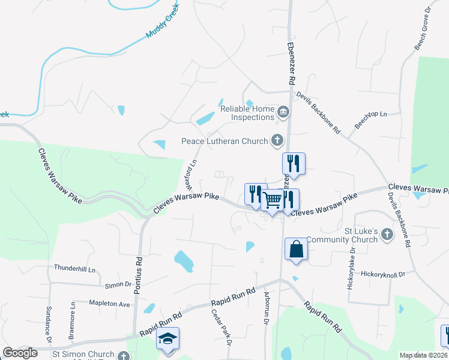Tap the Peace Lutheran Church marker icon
tap(277, 141)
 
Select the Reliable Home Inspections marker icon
tap(283, 112)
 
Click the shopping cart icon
tap(273, 200)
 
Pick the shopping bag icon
tap(297, 249)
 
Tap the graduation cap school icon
tap(168, 339)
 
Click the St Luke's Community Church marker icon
tap(387, 234)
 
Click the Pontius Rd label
tap(139, 270)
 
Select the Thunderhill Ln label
tap(74, 268)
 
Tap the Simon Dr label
tap(118, 284)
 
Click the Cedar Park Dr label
tap(221, 327)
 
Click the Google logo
tap(20, 353)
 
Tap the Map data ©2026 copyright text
tap(423, 355)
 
